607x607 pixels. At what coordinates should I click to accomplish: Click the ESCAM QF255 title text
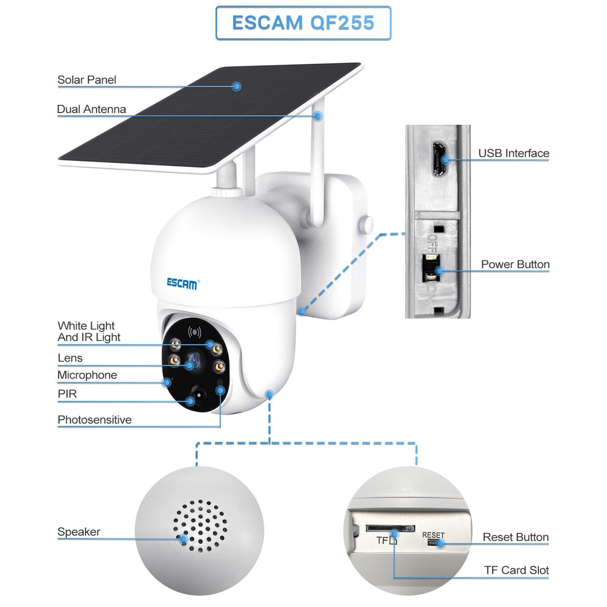click(x=303, y=23)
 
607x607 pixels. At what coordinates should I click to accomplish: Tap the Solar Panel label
click(x=86, y=80)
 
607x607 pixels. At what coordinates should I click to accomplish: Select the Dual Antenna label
click(x=91, y=109)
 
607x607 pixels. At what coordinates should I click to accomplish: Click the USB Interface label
click(x=513, y=153)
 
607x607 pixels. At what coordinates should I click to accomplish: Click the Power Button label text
click(x=515, y=264)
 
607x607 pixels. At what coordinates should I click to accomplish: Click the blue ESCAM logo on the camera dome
click(x=182, y=283)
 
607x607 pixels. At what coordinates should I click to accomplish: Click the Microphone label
click(x=87, y=375)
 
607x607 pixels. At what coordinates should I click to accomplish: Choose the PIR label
click(x=67, y=394)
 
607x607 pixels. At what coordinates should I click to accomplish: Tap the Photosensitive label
click(x=94, y=420)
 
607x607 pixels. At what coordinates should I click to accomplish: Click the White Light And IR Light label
click(x=88, y=331)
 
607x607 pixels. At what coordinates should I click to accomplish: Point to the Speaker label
click(x=79, y=532)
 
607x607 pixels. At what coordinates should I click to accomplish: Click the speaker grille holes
click(x=200, y=525)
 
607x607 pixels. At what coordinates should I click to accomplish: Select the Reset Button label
click(x=515, y=537)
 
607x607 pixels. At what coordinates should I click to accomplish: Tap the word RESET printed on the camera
click(x=433, y=535)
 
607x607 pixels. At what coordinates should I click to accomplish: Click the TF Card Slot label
click(x=516, y=570)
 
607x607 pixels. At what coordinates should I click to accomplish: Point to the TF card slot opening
click(x=390, y=528)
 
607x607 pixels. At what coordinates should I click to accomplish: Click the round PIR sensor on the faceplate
click(x=199, y=396)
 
